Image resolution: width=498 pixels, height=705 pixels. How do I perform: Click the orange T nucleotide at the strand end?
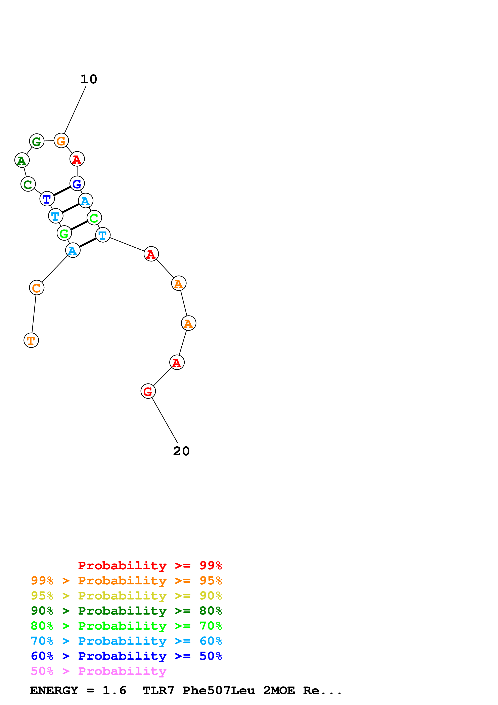point(31,340)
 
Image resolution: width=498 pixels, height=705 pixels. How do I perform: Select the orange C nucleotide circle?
point(37,288)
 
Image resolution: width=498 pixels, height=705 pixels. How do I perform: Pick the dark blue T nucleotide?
point(47,199)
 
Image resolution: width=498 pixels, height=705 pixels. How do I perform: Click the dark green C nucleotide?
point(28,184)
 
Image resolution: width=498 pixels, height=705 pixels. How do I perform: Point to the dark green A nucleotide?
point(22,160)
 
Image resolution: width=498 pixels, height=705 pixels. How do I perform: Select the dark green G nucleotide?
point(37,141)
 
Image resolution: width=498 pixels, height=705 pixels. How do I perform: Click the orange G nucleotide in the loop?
point(61,141)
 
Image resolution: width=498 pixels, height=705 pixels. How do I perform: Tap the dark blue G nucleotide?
point(77,184)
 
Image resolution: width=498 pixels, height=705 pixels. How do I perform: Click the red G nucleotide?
point(148,391)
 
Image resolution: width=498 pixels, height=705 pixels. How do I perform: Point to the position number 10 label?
point(89,79)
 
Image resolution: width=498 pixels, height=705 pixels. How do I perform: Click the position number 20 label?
point(181,451)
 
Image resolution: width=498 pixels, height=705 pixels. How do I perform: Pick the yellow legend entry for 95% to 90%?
point(126,596)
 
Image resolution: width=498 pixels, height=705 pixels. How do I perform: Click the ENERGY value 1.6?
point(114,690)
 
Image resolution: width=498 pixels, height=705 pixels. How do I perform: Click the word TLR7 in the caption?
point(158,690)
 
